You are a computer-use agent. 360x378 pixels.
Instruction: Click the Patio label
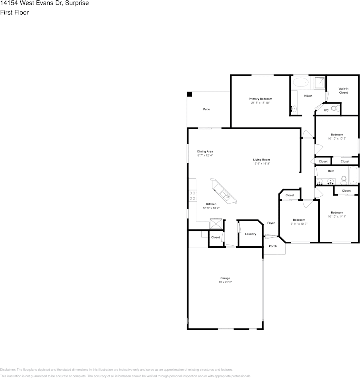[206, 109]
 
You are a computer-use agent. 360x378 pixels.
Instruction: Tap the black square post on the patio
[190, 94]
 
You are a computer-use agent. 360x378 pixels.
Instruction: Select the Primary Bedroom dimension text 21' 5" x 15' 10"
[261, 103]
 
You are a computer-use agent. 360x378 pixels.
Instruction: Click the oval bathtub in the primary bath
[300, 83]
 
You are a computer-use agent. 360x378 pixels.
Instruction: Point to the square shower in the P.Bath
[319, 82]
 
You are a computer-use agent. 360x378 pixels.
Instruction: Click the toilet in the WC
[335, 108]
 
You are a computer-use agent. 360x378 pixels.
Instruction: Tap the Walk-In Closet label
[343, 90]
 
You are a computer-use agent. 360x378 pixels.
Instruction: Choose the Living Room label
[261, 160]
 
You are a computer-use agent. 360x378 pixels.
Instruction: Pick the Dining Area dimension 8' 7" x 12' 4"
[205, 155]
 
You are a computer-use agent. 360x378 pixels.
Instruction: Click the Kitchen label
[211, 204]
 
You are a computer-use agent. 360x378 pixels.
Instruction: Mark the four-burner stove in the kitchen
[193, 195]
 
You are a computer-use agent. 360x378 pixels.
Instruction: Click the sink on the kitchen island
[225, 195]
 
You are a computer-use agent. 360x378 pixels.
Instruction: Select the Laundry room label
[251, 234]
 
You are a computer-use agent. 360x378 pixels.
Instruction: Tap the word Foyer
[271, 223]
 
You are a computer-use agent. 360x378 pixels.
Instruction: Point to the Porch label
[273, 246]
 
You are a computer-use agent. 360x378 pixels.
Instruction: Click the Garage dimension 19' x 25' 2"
[225, 282]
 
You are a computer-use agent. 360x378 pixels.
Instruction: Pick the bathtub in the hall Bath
[354, 176]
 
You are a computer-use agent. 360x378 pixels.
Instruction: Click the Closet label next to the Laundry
[216, 237]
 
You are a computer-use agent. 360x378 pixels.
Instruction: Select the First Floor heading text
[14, 12]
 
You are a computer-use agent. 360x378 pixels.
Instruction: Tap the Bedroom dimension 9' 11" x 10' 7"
[299, 224]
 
